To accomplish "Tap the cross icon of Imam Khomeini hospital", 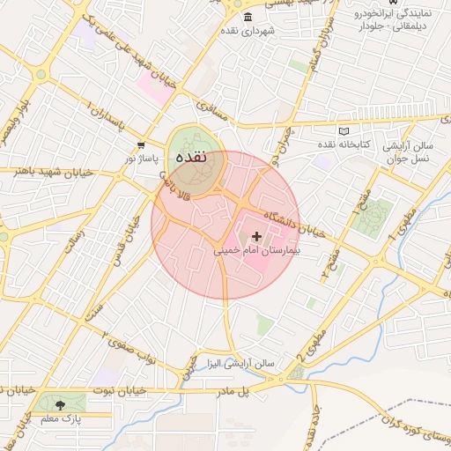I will [x=256, y=236].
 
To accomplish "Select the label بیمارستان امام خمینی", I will [x=257, y=251].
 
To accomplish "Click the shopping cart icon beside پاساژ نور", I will [x=141, y=144].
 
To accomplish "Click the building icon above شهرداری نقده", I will [x=245, y=18].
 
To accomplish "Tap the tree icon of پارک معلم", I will [x=60, y=405].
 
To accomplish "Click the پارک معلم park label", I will [x=60, y=419].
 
